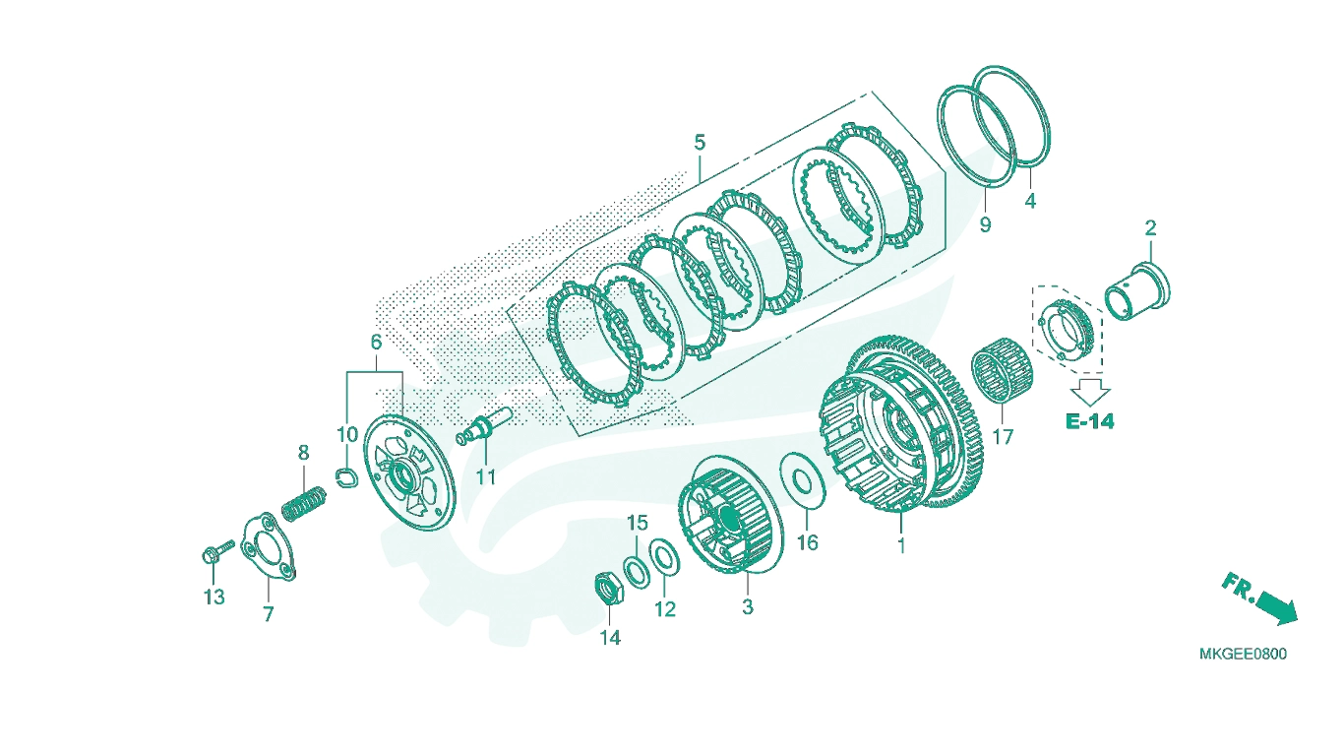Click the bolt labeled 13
(216, 552)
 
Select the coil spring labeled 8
(304, 504)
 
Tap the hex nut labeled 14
(609, 588)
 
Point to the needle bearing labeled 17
(1002, 370)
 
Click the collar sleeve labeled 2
(1137, 291)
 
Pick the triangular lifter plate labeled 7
(268, 547)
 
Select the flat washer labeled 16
(802, 480)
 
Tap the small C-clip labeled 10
(347, 476)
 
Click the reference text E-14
(1089, 421)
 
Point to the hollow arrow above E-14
(1090, 392)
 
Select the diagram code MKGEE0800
(1243, 654)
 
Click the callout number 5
(700, 143)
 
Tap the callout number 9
(985, 224)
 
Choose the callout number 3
(747, 606)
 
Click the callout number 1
(900, 545)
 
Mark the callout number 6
(376, 343)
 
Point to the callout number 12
(665, 609)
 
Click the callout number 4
(1030, 201)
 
